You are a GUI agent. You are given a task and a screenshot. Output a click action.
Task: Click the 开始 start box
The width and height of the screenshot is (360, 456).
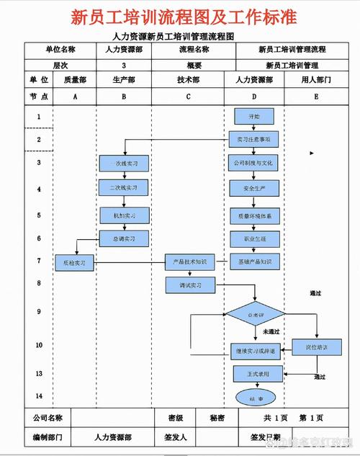(x=253, y=115)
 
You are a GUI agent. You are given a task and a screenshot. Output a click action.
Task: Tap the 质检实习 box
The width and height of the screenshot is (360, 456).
(x=75, y=263)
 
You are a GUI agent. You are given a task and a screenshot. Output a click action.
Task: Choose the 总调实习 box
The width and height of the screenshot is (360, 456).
(x=124, y=238)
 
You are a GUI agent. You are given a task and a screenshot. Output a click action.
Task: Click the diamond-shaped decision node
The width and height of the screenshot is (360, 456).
(x=254, y=315)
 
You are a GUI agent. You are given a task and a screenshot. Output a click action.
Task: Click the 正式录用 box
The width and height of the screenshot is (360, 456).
(x=253, y=374)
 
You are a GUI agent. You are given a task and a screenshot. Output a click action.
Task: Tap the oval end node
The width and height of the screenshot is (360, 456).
(x=256, y=397)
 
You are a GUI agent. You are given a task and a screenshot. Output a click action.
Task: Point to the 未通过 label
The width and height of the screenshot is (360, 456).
(x=271, y=332)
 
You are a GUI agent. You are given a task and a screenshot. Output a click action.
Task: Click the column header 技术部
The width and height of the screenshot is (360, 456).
(x=189, y=80)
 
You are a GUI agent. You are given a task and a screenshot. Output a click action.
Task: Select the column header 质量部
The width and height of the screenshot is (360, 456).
(x=74, y=80)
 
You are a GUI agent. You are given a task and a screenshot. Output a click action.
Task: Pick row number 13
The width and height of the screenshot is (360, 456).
(x=38, y=374)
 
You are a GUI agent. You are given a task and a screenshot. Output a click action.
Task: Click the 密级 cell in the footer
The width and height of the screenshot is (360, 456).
(x=175, y=418)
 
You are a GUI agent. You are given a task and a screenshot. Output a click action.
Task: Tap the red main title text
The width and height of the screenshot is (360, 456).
(x=184, y=17)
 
